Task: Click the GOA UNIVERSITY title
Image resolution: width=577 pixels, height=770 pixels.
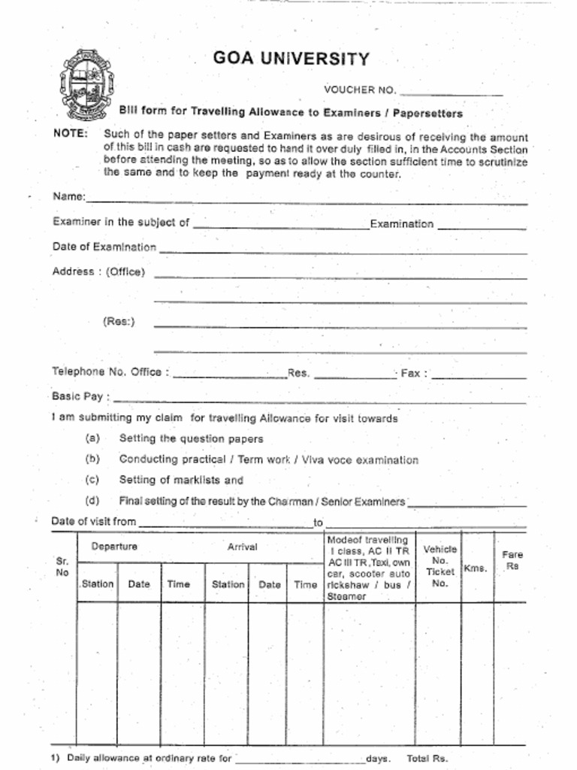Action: pos(291,59)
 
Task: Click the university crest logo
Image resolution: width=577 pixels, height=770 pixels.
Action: pos(86,84)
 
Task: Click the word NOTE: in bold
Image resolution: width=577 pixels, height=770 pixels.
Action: pos(71,134)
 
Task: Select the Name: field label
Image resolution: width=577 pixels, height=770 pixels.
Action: pos(69,197)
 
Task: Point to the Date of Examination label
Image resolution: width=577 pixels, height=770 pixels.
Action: pos(104,247)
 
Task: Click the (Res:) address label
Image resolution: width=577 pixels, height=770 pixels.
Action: pos(119,322)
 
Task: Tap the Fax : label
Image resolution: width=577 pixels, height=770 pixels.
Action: pos(414,373)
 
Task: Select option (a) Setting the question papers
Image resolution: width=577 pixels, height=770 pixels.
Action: pos(191,438)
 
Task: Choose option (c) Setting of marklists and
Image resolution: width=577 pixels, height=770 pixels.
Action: pos(180,480)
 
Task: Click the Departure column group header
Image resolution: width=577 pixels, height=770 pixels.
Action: pos(114,547)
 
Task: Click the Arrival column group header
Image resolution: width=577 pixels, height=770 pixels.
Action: pos(242,547)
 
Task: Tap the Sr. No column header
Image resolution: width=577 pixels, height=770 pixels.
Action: pos(62,567)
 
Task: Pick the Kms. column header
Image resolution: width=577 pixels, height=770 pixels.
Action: pos(476,568)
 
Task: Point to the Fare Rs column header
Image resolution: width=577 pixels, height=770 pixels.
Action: pos(512,561)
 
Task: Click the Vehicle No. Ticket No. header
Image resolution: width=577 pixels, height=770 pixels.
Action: pos(440,566)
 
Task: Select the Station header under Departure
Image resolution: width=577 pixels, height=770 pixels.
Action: pos(97,584)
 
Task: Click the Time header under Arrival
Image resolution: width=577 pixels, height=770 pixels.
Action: pos(305,584)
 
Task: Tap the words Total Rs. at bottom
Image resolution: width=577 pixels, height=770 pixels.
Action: pos(427,759)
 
